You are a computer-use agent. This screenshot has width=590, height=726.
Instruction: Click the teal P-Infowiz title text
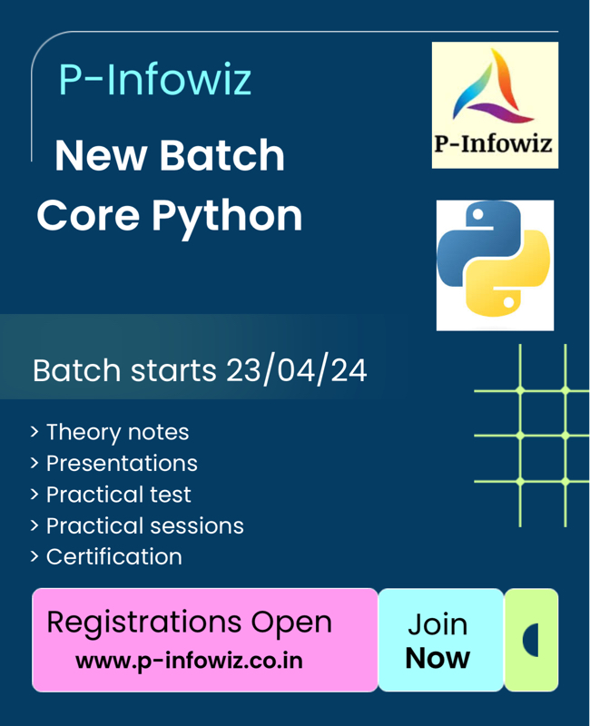[155, 80]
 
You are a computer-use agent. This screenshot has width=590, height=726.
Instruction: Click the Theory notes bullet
[117, 432]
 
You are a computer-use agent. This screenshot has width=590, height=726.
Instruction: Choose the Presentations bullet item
[122, 463]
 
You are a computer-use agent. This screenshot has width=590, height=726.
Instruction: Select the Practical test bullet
[118, 495]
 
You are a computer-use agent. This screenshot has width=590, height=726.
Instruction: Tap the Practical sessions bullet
[144, 525]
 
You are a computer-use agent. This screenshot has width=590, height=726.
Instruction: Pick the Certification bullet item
[113, 556]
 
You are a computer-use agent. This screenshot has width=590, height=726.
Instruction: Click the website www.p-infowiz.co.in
[189, 660]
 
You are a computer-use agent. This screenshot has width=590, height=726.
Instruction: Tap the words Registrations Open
[189, 623]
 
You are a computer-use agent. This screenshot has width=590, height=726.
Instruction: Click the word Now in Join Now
[438, 658]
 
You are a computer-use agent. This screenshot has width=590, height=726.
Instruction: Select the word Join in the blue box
[438, 624]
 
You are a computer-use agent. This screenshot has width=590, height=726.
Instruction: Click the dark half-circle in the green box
[531, 640]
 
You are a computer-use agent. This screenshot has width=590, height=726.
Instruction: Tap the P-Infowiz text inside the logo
[495, 143]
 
